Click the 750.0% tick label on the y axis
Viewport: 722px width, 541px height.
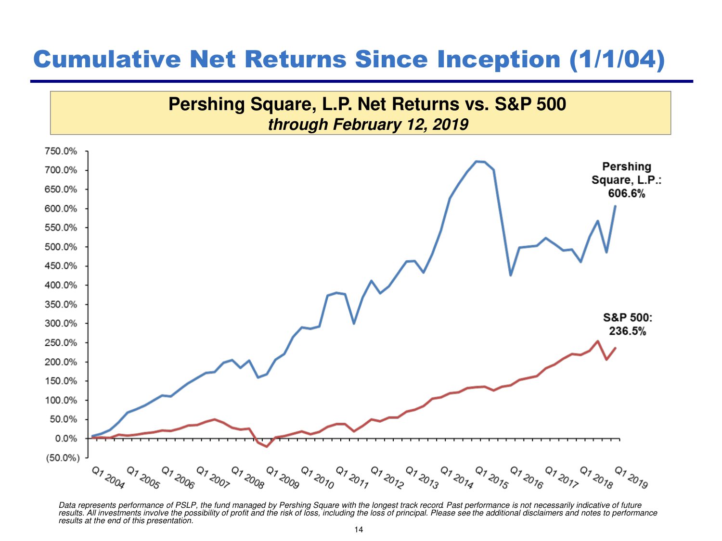click(61, 151)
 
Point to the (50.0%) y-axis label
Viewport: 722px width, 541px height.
click(63, 457)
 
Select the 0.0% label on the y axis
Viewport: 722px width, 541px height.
click(66, 439)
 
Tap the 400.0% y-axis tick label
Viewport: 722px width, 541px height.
click(61, 285)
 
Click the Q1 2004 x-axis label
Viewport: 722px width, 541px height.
click(108, 477)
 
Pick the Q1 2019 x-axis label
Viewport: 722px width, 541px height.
click(632, 477)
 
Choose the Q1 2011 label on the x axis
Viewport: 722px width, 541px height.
click(352, 477)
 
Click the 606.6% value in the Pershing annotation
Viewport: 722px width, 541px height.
click(626, 193)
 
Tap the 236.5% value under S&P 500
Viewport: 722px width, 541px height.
click(628, 331)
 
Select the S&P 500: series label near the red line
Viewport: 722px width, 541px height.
click(628, 317)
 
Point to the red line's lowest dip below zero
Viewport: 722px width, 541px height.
click(267, 447)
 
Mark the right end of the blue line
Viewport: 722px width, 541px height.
click(615, 206)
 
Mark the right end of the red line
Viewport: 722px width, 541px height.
click(615, 348)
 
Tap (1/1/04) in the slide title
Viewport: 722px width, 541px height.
click(617, 59)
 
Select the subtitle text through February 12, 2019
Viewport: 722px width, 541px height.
click(368, 124)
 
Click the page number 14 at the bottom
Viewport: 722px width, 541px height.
click(359, 530)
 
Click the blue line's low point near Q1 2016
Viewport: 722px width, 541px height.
click(510, 275)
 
